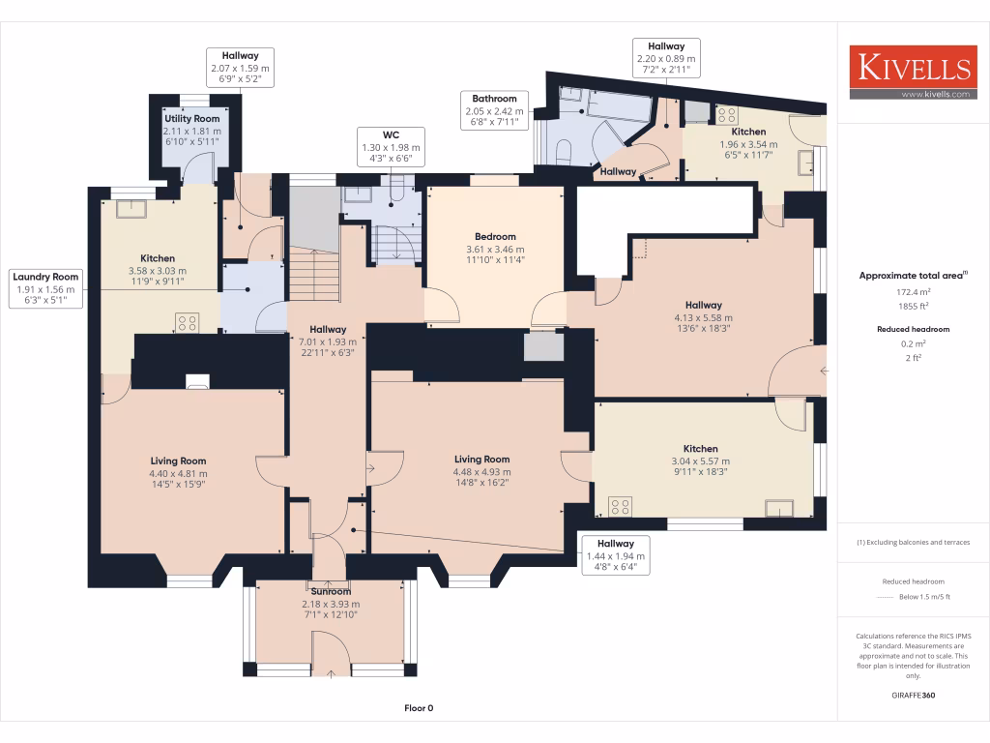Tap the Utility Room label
tap(191, 119)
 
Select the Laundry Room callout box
tap(46, 288)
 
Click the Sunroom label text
tap(330, 590)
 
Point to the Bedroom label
tap(495, 236)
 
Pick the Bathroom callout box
tap(494, 111)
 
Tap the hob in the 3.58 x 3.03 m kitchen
tap(187, 323)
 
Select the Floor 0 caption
tap(419, 708)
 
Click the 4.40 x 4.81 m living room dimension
tap(178, 474)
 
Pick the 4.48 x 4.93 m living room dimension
tap(482, 472)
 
